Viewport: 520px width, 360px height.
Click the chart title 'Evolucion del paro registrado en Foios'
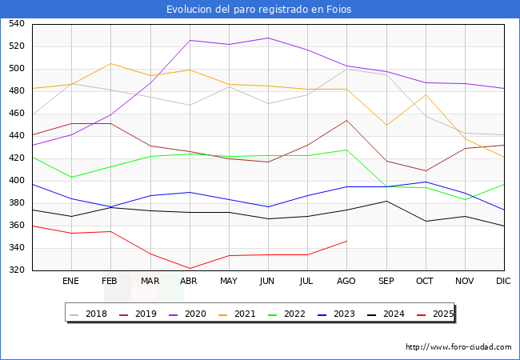point(259,10)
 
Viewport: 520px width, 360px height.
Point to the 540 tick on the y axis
point(16,24)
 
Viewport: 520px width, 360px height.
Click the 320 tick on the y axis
point(16,270)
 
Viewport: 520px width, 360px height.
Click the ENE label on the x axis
point(71,282)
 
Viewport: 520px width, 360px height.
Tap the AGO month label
point(346,282)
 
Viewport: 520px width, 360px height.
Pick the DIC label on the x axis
point(503,282)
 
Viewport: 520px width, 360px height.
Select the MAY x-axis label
point(229,282)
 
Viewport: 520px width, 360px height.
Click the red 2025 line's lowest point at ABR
point(190,269)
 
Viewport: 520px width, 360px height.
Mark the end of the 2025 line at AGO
point(346,241)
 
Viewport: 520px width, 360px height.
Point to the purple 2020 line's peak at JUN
point(268,38)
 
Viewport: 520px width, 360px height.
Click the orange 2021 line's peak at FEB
point(110,63)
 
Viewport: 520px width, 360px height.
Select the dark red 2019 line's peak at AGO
point(346,120)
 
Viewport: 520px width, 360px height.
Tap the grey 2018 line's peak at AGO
point(346,69)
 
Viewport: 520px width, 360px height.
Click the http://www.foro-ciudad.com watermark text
point(458,347)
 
